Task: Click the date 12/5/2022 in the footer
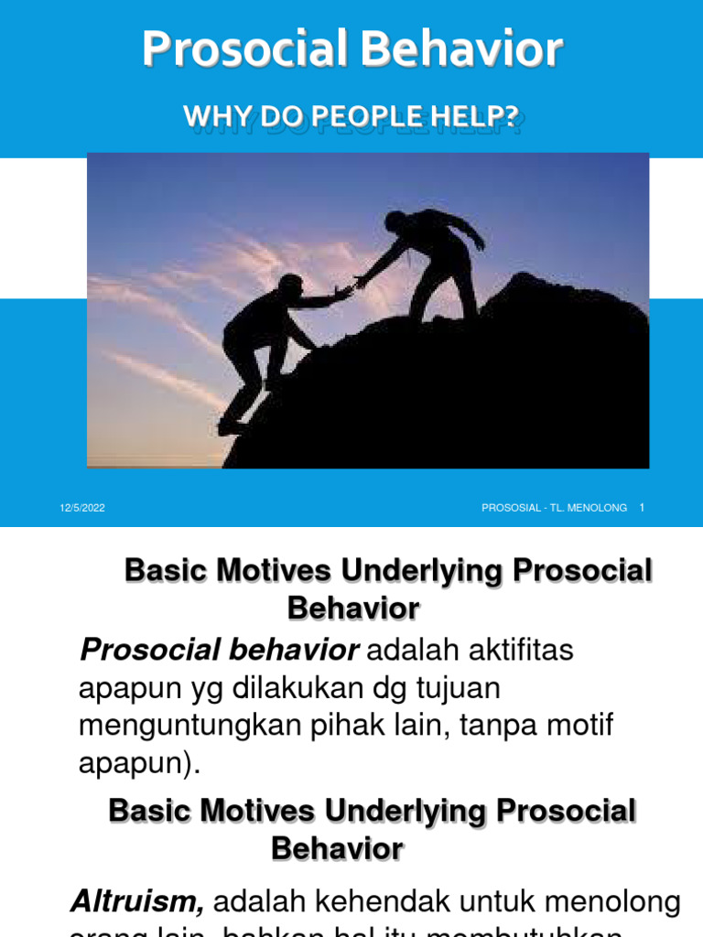[x=82, y=508]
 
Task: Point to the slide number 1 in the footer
[x=643, y=507]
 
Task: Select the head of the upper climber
[x=395, y=222]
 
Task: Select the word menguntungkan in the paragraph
[x=183, y=725]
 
